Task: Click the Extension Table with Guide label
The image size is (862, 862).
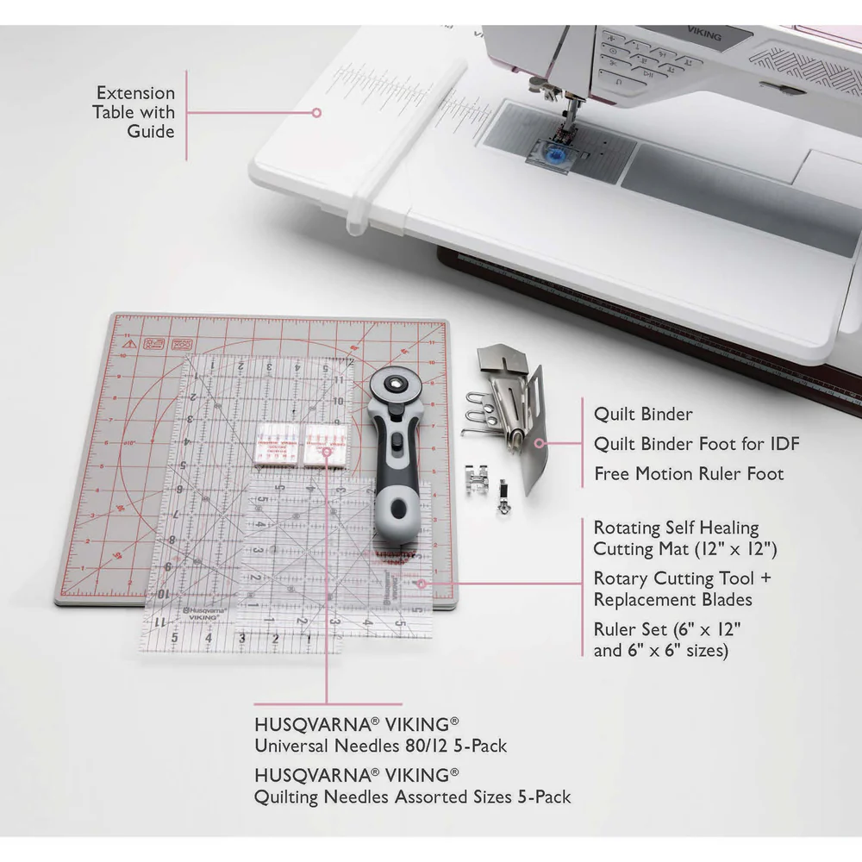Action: click(x=135, y=112)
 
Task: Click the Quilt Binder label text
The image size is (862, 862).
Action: click(x=642, y=415)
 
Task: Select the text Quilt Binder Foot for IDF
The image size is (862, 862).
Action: click(x=696, y=445)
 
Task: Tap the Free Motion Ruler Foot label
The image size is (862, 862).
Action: click(x=689, y=474)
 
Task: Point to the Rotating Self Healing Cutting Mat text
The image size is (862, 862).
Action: click(x=676, y=538)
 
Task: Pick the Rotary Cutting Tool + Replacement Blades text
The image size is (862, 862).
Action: click(x=672, y=589)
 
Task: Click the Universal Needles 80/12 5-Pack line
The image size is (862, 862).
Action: click(x=380, y=746)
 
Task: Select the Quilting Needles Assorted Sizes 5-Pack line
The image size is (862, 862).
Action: click(x=412, y=797)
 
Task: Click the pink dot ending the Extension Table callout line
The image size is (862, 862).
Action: click(x=316, y=112)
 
